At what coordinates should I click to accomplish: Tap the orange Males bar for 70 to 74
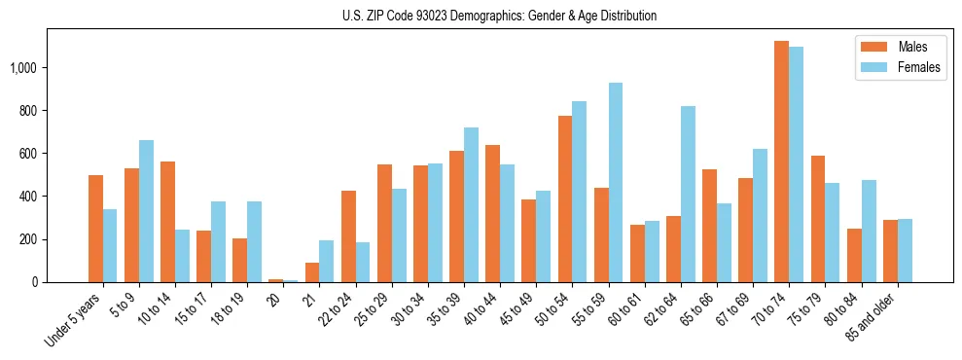pyautogui.click(x=781, y=162)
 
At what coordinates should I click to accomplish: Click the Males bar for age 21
pyautogui.click(x=312, y=272)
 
